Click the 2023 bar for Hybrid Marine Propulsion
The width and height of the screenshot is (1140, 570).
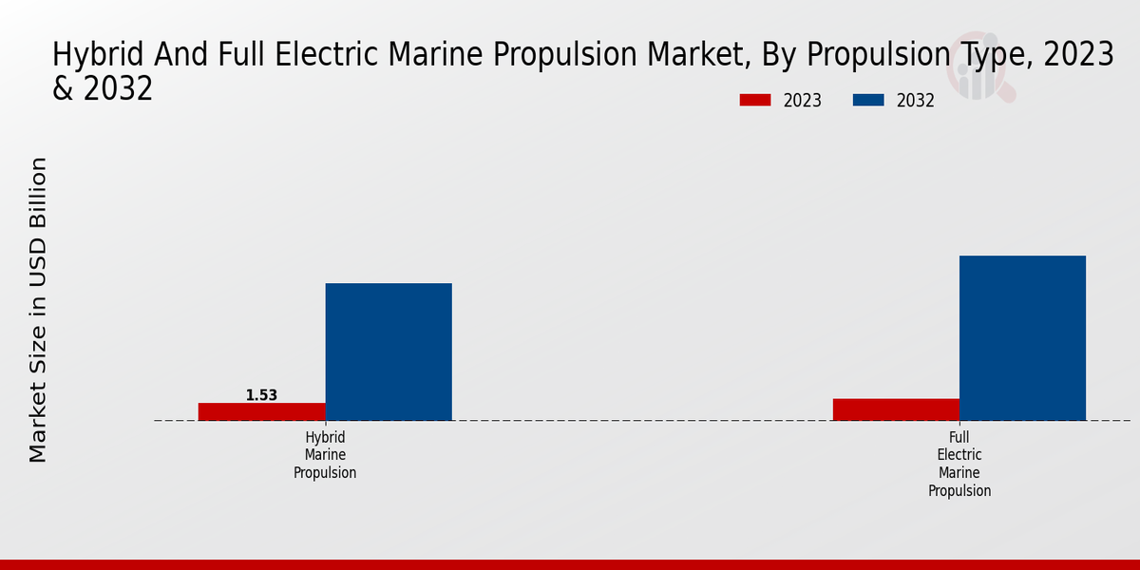coord(261,411)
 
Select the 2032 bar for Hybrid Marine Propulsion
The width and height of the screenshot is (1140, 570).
coord(389,351)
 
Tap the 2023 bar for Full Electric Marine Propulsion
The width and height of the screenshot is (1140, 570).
coord(896,409)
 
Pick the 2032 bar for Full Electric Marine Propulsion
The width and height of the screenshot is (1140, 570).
coord(1022,337)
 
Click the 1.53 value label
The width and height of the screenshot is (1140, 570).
coord(261,395)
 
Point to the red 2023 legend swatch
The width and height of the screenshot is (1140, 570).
coord(755,101)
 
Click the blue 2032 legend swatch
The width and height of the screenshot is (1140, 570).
coord(868,101)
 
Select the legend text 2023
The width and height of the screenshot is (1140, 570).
coord(802,101)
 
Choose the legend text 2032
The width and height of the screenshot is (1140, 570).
coord(916,101)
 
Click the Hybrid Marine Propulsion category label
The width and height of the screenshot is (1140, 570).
coord(325,455)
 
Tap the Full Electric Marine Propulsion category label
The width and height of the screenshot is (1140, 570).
coord(959,464)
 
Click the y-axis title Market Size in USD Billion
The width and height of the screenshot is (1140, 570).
coord(38,310)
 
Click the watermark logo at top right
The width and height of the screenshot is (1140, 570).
coord(980,72)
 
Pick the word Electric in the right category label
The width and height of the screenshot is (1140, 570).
coord(959,455)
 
